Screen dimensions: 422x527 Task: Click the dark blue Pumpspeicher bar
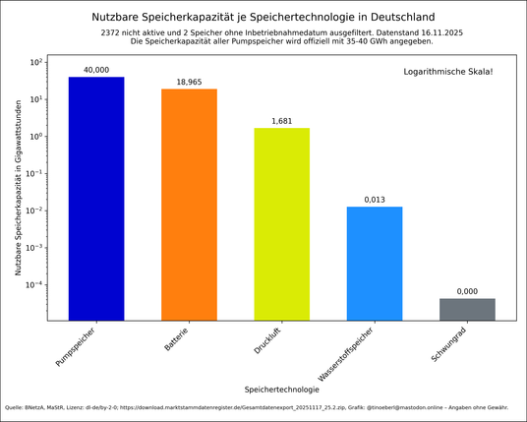coord(96,197)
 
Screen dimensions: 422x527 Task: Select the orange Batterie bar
coord(189,204)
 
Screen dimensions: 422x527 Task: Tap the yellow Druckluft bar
coord(281,223)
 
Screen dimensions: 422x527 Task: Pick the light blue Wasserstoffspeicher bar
coord(375,263)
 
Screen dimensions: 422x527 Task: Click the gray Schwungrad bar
coord(467,309)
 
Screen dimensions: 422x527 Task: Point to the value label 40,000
coord(96,70)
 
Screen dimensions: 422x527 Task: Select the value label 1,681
coord(281,121)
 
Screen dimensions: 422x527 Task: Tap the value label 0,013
coord(375,200)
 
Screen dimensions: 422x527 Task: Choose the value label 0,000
coord(467,291)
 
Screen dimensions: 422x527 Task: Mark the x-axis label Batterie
coord(177,340)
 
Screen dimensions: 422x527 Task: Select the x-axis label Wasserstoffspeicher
coord(349,355)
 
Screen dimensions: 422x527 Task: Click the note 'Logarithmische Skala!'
coord(448,73)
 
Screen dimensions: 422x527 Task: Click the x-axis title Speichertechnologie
coord(281,390)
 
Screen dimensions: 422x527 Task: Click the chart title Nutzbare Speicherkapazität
coord(263,17)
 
